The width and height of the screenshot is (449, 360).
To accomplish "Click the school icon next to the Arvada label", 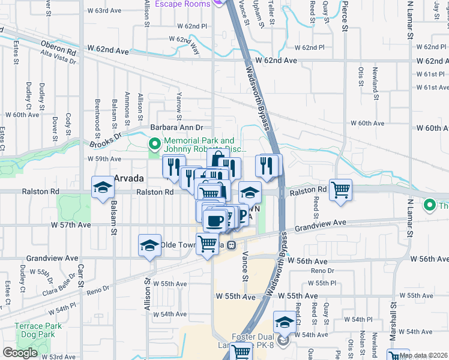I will coord(103,188).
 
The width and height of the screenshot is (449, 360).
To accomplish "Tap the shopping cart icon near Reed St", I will coord(341,190).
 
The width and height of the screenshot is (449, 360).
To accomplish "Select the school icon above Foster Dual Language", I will coord(285,323).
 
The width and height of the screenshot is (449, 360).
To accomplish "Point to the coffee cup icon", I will coord(214,221).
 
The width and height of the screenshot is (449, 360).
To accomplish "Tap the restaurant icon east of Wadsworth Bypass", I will coord(267,166).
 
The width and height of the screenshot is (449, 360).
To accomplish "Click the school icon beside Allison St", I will coord(149,245).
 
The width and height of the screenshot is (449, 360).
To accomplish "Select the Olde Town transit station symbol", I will coord(231,245).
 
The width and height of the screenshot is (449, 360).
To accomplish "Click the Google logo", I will coord(20,352).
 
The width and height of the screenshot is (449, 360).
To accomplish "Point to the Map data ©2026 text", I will coord(423,355).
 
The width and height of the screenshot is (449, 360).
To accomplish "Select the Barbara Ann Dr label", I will coord(177,128).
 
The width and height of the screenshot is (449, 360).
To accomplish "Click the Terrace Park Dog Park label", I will coord(38,331).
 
